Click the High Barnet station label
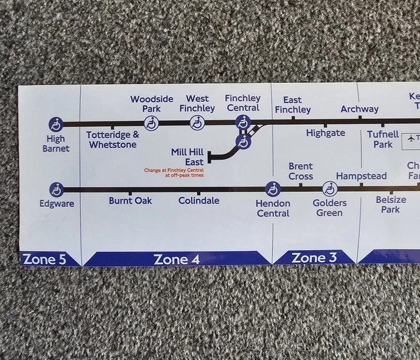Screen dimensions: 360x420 pyautogui.click(x=56, y=143)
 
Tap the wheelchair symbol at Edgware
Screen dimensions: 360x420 pyautogui.click(x=57, y=189)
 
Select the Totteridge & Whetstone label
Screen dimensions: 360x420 pyautogui.click(x=113, y=139)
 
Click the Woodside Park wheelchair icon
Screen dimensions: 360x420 pyautogui.click(x=152, y=123)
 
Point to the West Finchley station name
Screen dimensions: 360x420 pyautogui.click(x=197, y=103)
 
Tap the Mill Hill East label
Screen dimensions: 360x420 pyautogui.click(x=187, y=157)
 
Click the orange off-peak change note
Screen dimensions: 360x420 pyautogui.click(x=174, y=173)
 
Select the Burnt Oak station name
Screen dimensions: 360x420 pyautogui.click(x=131, y=200)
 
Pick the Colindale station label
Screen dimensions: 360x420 pyautogui.click(x=199, y=200)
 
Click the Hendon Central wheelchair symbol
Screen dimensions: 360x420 pyautogui.click(x=273, y=189)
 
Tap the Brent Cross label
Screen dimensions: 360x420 pyautogui.click(x=301, y=171)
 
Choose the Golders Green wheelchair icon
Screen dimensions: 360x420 pyautogui.click(x=329, y=189)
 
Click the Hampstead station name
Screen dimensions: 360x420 pyautogui.click(x=361, y=176)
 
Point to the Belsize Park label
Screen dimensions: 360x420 pyautogui.click(x=390, y=204)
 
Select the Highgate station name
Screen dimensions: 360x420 pyautogui.click(x=325, y=133)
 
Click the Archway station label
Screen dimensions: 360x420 pyautogui.click(x=360, y=109)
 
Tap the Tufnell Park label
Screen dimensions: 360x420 pyautogui.click(x=383, y=139)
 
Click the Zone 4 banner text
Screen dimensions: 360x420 pyautogui.click(x=177, y=259)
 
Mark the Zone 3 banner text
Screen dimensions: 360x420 pyautogui.click(x=314, y=258)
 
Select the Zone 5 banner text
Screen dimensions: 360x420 pyautogui.click(x=45, y=259)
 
